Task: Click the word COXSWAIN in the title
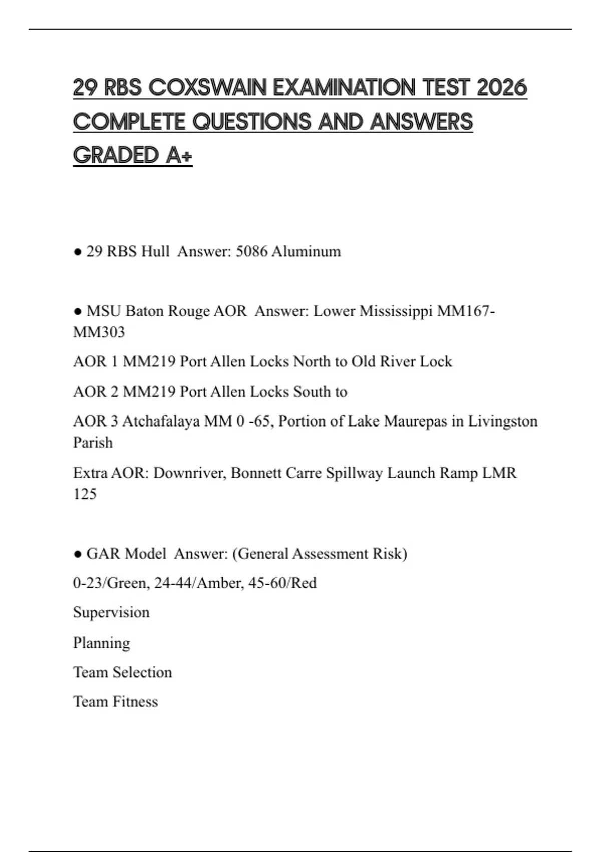pyautogui.click(x=208, y=88)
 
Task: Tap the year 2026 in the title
pyautogui.click(x=502, y=88)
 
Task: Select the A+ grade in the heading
pyautogui.click(x=179, y=155)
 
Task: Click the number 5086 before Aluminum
pyautogui.click(x=251, y=251)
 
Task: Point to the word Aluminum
pyautogui.click(x=306, y=251)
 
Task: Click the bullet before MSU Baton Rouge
pyautogui.click(x=78, y=311)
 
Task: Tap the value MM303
pyautogui.click(x=99, y=332)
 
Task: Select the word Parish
pyautogui.click(x=93, y=443)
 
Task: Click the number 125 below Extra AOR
pyautogui.click(x=85, y=494)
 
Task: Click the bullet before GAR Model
pyautogui.click(x=78, y=554)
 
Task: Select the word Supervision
pyautogui.click(x=111, y=613)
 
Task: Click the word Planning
pyautogui.click(x=101, y=643)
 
